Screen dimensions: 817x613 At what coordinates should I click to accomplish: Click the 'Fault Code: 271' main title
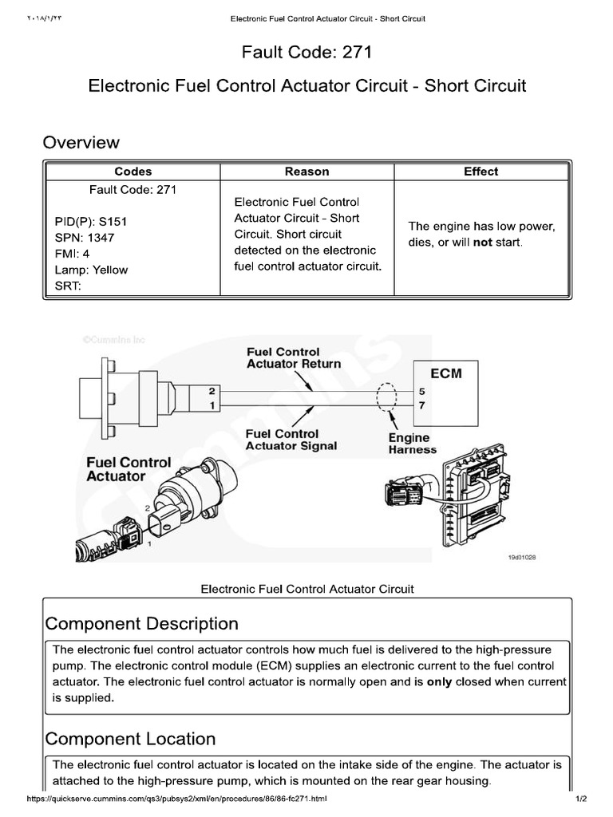(306, 53)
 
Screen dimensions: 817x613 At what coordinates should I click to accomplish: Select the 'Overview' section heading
(81, 143)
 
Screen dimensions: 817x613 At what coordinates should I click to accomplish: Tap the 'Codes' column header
(132, 172)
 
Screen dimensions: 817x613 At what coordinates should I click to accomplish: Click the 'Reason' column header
(306, 172)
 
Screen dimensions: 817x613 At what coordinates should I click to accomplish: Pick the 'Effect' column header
(481, 172)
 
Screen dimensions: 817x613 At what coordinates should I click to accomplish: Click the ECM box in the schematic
(445, 373)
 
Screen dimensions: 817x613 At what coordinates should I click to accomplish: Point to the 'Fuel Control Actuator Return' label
(293, 357)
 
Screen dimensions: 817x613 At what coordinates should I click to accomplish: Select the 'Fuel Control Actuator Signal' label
(291, 440)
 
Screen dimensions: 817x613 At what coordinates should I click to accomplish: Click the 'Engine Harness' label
(412, 443)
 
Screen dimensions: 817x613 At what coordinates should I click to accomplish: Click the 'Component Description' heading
(141, 623)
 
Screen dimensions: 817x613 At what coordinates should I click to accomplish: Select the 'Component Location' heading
(130, 739)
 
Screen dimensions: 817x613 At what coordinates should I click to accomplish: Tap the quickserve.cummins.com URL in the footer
(177, 799)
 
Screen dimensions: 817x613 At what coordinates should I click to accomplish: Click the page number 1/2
(580, 799)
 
